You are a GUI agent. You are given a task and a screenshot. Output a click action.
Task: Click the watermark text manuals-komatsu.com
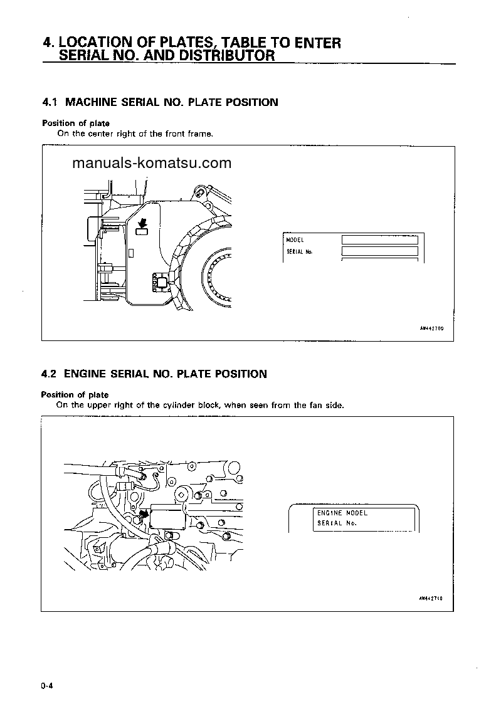point(152,164)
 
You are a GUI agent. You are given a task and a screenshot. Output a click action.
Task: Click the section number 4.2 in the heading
point(50,374)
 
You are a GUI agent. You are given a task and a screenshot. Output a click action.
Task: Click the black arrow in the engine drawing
point(144,514)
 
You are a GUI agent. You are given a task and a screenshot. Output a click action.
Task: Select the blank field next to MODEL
point(379,240)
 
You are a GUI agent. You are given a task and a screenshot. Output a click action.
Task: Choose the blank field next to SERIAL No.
point(379,251)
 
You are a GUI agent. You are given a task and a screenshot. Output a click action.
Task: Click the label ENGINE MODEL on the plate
point(342,513)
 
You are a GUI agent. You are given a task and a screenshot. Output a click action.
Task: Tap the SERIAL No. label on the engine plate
point(337,523)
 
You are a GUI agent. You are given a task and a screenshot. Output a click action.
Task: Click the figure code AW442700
point(431,328)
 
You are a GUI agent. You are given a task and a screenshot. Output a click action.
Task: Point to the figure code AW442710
point(431,598)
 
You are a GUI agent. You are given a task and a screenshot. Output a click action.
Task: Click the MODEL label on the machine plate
point(295,240)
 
